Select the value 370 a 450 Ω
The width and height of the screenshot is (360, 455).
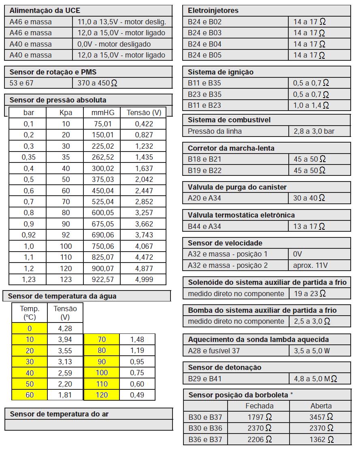97,83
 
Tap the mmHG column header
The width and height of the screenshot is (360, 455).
100,113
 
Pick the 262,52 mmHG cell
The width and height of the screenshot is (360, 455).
100,157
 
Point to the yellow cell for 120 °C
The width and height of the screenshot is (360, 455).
102,395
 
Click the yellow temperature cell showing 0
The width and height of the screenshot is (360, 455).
30,328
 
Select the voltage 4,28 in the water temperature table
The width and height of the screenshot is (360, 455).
65,328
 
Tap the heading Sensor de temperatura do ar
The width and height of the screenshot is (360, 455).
59,414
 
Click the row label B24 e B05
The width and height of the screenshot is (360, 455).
204,55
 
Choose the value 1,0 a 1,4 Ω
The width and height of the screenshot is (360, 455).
311,105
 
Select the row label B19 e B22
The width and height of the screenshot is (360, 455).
204,171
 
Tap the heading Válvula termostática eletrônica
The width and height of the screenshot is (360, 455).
241,215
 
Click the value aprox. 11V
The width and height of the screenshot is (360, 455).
311,265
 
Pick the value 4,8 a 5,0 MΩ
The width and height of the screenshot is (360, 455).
315,379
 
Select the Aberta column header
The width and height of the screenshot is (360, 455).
321,406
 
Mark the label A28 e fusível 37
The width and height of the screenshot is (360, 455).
214,351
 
